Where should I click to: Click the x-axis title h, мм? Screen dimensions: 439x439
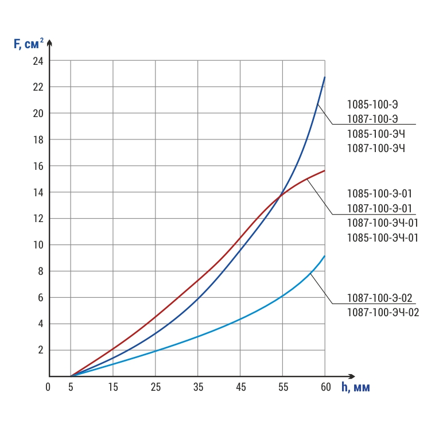tap(356, 387)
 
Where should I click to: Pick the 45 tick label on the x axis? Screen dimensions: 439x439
tap(240, 388)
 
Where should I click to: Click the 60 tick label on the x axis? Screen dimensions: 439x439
tap(325, 388)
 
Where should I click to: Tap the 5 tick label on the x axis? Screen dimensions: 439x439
tap(71, 388)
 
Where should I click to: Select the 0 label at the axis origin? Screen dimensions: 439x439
tap(48, 388)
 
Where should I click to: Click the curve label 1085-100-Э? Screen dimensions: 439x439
tap(372, 104)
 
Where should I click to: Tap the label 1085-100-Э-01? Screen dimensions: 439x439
tap(379, 193)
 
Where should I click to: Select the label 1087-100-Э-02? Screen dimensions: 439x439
tap(380, 298)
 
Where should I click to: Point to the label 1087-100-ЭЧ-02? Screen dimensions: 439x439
tap(383, 313)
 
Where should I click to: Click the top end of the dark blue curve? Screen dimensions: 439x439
tap(325, 77)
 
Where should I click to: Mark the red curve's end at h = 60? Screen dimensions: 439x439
tap(325, 170)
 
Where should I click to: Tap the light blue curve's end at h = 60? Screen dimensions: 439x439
tap(325, 256)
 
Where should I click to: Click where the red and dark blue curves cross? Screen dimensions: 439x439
tap(281, 195)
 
